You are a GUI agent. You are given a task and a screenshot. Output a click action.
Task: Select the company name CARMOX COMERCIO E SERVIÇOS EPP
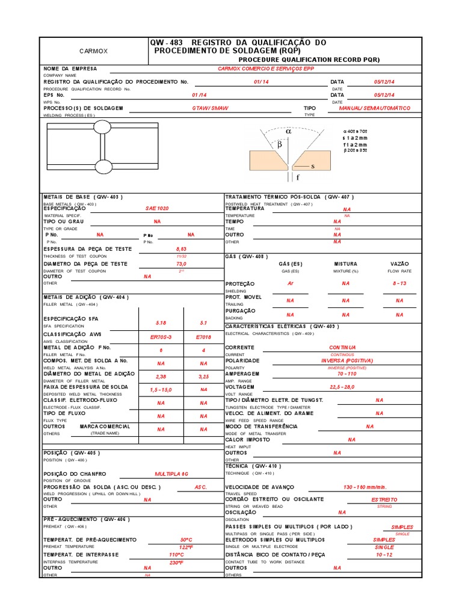coord(265,69)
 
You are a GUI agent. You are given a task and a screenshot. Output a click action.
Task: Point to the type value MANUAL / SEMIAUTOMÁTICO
coord(374,108)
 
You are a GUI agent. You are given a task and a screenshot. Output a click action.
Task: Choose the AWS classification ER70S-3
coord(161,337)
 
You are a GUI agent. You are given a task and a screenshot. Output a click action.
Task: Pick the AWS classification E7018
coord(203,337)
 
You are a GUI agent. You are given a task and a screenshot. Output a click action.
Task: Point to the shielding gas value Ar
coord(291,283)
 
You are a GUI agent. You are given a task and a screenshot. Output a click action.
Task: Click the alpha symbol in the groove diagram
coord(288,130)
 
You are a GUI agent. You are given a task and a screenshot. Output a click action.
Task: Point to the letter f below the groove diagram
coord(297,178)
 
